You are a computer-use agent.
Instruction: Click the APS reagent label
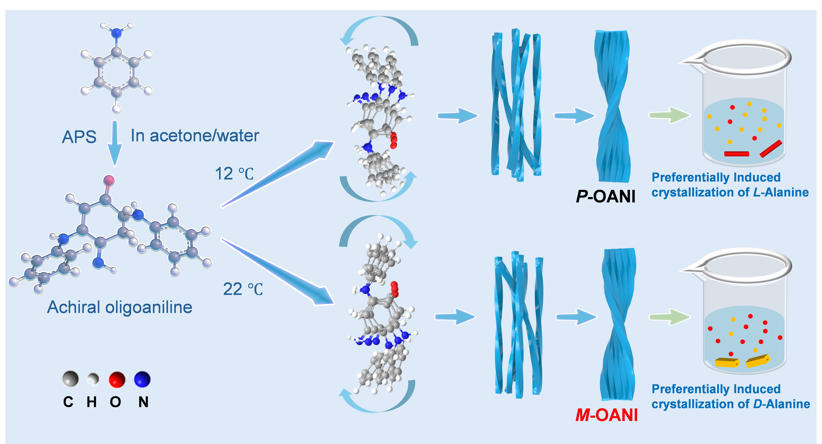pyautogui.click(x=79, y=137)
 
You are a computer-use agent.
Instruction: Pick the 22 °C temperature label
pyautogui.click(x=243, y=289)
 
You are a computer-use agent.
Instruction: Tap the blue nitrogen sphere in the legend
pyautogui.click(x=142, y=379)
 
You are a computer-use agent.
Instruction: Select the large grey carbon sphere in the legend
pyautogui.click(x=70, y=379)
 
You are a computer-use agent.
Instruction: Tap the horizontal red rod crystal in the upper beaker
pyautogui.click(x=736, y=154)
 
